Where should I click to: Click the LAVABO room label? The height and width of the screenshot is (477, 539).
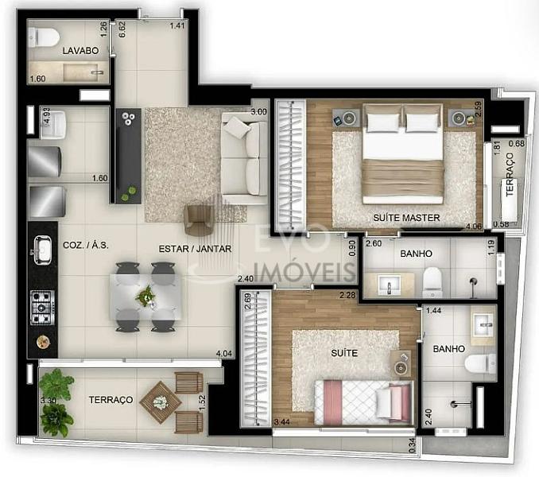click(x=80, y=51)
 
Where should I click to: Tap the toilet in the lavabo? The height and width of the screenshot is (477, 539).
click(x=44, y=37)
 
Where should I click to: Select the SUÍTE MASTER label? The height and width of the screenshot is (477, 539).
click(x=406, y=218)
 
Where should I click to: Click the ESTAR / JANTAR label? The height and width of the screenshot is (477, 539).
click(x=195, y=249)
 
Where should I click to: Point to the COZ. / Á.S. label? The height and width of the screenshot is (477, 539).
click(x=86, y=245)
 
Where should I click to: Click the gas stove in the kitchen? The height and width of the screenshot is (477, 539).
click(x=43, y=308)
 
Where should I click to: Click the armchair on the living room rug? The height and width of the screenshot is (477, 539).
click(x=199, y=220)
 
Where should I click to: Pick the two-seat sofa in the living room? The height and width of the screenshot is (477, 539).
click(x=245, y=158)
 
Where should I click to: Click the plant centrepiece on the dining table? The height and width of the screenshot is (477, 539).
click(x=145, y=296)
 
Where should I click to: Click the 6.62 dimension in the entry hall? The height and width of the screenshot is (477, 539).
click(x=122, y=29)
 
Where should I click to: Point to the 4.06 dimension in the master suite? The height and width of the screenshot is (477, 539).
click(x=474, y=226)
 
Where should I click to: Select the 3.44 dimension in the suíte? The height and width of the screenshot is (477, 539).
click(x=282, y=422)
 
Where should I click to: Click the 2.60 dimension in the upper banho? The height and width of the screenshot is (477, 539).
click(x=374, y=243)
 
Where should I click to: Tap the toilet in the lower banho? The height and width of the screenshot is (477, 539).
click(x=481, y=363)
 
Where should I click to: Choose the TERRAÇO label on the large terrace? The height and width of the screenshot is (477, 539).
click(x=111, y=400)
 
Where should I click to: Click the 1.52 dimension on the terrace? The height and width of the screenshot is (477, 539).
click(x=202, y=403)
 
